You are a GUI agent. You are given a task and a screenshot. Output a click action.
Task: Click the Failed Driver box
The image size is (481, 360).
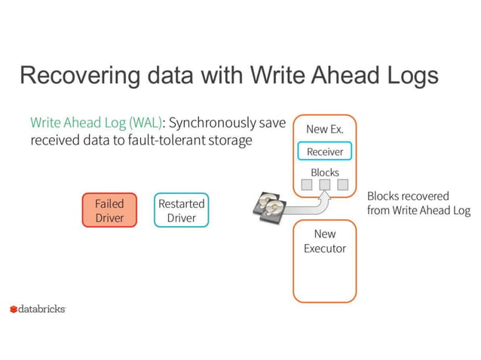coord(109,210)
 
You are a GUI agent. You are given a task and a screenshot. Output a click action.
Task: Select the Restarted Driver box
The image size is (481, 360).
coord(181,210)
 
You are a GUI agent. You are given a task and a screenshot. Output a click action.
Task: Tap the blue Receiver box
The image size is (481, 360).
coord(324,151)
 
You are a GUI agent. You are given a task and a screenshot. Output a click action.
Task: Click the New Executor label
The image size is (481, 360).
coord(324,241)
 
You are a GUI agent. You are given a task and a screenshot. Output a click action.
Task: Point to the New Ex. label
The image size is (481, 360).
coord(324,129)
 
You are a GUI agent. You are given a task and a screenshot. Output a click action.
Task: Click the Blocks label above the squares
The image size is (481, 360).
coord(324,172)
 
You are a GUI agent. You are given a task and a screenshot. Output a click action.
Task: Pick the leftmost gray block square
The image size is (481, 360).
coord(307,185)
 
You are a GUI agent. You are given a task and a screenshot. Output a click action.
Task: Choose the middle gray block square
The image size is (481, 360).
coord(325,185)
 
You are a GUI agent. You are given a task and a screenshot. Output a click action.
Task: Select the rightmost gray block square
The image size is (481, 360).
coord(343,185)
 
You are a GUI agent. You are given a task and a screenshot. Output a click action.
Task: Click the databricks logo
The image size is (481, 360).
coord(38,309)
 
